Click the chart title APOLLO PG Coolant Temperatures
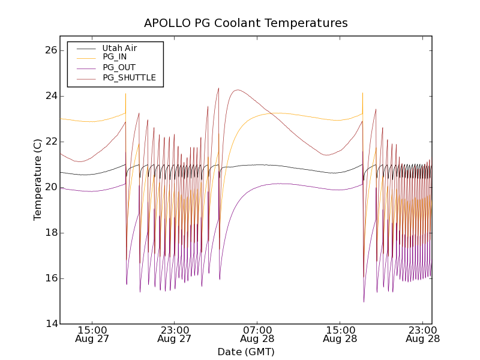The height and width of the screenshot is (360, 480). coord(245,23)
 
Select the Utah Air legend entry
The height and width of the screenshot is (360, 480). coord(119,48)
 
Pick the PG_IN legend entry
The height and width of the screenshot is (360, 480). coord(115,57)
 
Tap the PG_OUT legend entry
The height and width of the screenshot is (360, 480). coord(119,67)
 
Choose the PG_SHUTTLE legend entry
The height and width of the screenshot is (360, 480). coord(129,77)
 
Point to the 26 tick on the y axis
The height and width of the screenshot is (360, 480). coord(50,50)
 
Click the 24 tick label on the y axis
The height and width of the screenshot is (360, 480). coord(50,96)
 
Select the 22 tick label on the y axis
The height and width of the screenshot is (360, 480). coord(50,142)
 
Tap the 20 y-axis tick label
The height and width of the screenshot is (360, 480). coord(50,187)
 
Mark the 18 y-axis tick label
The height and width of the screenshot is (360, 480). coord(50,233)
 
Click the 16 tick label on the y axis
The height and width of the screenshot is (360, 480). coord(50,278)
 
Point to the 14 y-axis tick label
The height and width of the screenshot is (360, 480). coord(50,324)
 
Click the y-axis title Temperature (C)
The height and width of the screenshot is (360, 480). coord(38,179)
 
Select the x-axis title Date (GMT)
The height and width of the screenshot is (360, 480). coord(246,352)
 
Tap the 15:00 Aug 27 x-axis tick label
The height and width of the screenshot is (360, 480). coord(92,334)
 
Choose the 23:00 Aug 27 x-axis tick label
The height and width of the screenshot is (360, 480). coord(175,334)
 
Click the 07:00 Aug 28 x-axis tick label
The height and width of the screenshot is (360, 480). coord(257,334)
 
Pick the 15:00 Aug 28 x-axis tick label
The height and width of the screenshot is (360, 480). coord(340,334)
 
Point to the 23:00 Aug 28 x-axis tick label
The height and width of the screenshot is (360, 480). coord(423,334)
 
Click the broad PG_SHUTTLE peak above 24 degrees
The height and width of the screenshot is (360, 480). coord(238,90)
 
